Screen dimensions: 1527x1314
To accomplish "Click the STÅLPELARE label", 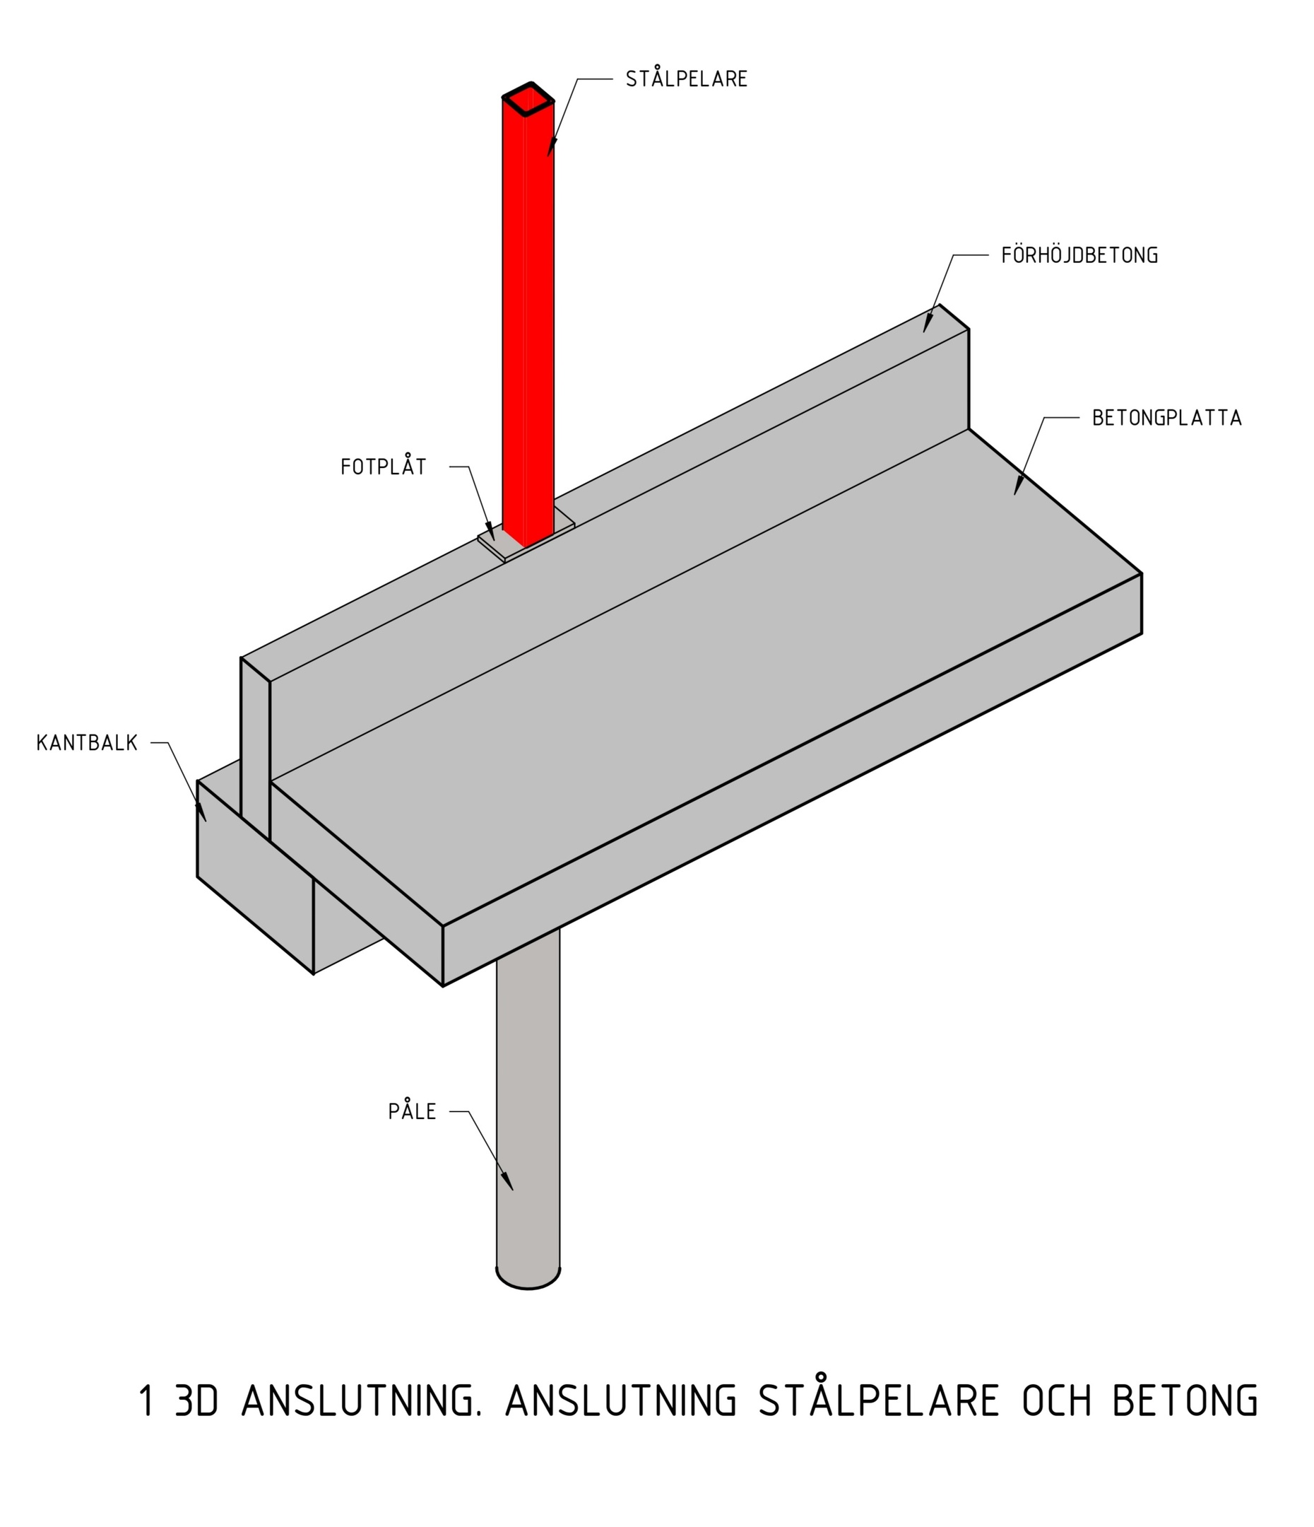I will point(687,79).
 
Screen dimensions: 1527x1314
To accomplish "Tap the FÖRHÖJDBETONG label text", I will point(1079,255).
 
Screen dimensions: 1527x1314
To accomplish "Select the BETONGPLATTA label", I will point(1166,418).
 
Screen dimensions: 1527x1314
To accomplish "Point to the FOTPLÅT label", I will point(384,467).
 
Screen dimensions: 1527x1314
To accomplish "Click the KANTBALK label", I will point(87,743).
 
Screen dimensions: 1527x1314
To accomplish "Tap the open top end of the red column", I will point(528,99).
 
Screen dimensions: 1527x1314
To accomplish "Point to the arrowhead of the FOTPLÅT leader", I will point(491,532).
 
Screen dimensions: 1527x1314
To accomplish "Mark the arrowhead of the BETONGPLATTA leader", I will point(1018,487).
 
